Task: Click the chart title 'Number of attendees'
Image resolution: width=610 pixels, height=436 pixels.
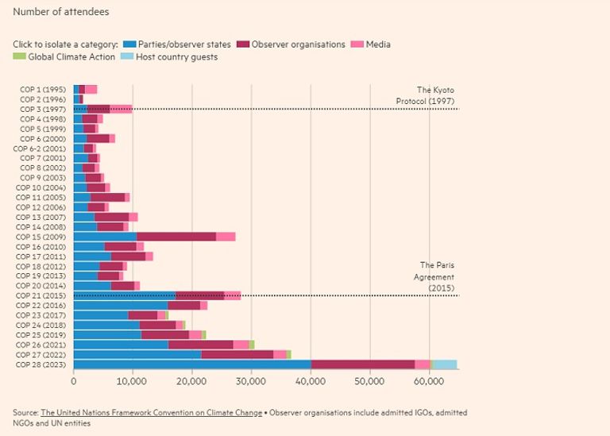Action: (x=61, y=12)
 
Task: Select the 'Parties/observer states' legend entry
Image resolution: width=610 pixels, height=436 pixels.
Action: (x=184, y=44)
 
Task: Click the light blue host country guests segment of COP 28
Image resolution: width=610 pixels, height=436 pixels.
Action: (x=445, y=365)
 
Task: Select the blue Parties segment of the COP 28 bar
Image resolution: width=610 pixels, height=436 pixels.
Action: (x=191, y=365)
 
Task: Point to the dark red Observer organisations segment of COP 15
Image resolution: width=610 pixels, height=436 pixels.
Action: (x=176, y=237)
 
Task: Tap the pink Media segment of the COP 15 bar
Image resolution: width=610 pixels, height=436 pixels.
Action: (x=226, y=237)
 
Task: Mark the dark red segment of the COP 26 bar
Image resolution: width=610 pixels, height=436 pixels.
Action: (x=200, y=345)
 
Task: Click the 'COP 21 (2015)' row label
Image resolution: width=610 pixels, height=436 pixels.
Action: (x=43, y=295)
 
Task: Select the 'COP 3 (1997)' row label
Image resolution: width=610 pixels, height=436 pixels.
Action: (x=44, y=109)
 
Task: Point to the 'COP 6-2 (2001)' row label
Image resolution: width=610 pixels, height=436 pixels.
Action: (x=41, y=149)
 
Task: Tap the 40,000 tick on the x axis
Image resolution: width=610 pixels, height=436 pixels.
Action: (x=310, y=382)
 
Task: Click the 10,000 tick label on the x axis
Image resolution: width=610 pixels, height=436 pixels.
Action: (x=132, y=382)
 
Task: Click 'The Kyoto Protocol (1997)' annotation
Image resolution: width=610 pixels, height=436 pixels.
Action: (x=426, y=95)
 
